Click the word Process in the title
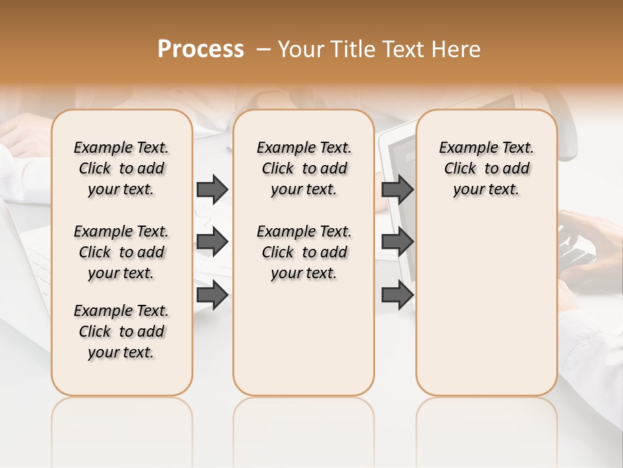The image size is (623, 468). pos(201,49)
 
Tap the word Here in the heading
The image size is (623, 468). pos(458,49)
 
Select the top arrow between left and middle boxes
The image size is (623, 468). pos(212,189)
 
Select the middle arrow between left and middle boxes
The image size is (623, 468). pos(212,242)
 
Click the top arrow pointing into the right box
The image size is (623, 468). pos(397,189)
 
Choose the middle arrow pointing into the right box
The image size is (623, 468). pos(397,242)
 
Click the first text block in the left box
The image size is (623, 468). pos(121,168)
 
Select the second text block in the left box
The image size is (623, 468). pos(121,252)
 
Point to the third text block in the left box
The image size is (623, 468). pos(121,331)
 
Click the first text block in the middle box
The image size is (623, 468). pos(304,168)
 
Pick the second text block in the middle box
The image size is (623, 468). pos(304,252)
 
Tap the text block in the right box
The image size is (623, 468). pos(486,168)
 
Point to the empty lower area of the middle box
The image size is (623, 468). pos(304,338)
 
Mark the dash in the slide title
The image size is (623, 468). pos(263,49)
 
